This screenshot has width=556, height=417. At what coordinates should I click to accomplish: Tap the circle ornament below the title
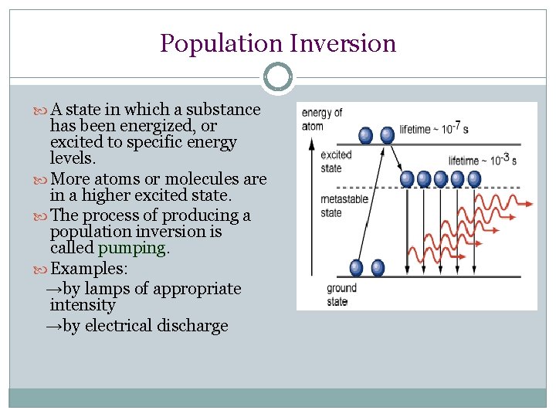(x=277, y=77)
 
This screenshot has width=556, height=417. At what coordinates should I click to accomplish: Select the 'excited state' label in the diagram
(x=335, y=161)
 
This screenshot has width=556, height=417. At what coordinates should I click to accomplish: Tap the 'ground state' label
(x=341, y=294)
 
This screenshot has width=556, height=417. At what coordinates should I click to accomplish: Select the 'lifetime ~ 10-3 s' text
(x=482, y=161)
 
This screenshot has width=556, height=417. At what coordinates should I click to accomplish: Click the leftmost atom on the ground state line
(x=356, y=268)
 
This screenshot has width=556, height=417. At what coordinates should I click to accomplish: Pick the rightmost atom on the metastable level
(x=474, y=179)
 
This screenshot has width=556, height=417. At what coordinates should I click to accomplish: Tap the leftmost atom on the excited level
(x=366, y=135)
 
